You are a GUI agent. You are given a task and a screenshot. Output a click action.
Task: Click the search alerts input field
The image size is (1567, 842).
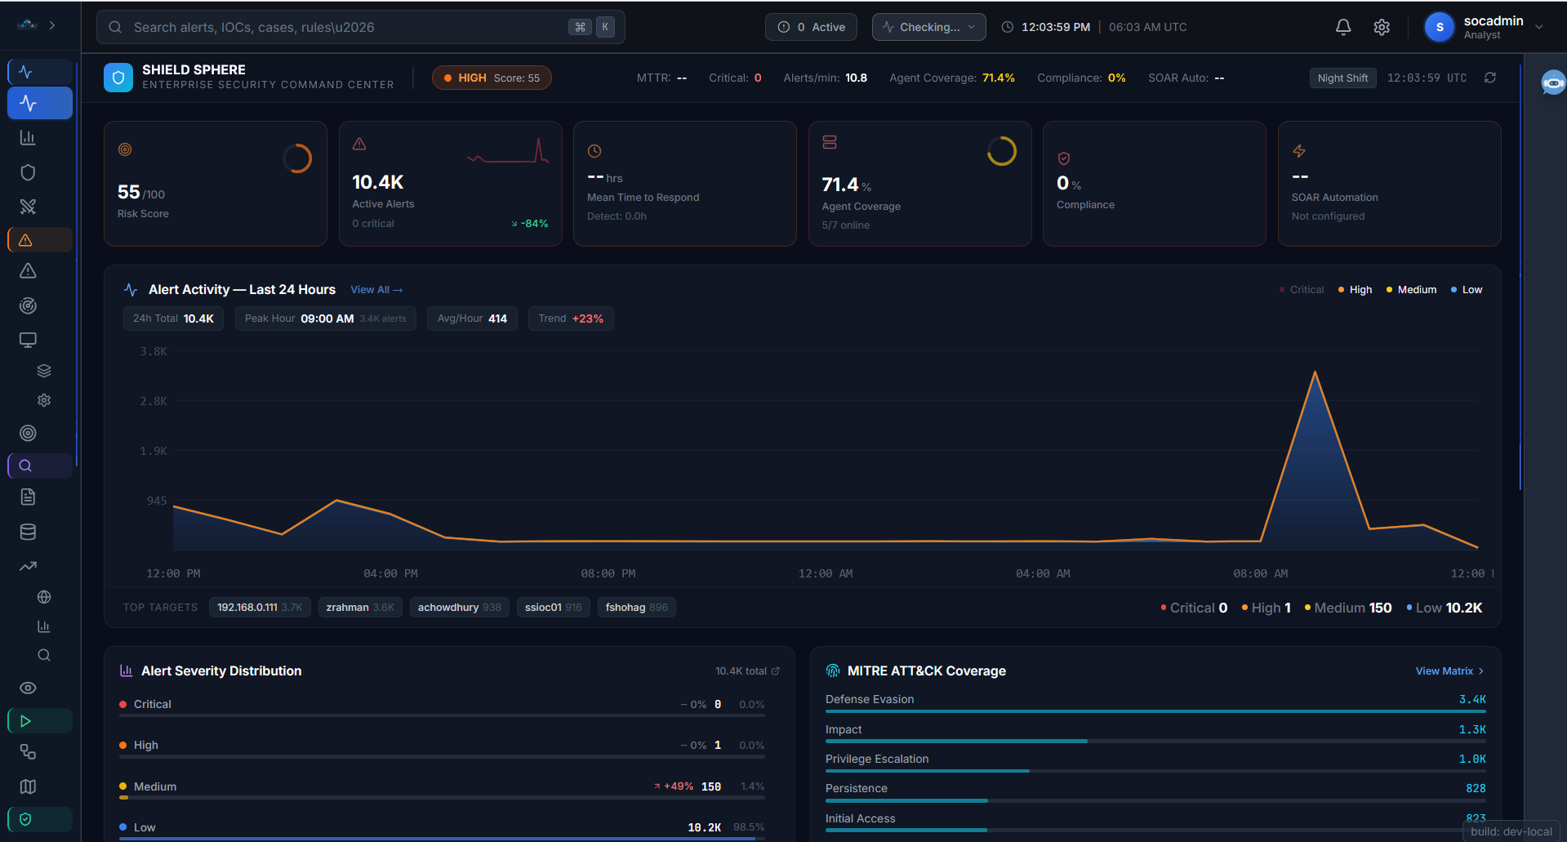(343, 27)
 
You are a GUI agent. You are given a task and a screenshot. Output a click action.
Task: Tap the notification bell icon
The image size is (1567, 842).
(1343, 27)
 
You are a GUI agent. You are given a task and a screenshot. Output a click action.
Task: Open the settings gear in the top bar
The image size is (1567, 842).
(1382, 27)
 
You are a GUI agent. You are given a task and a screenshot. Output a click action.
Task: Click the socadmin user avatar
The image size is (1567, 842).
(1440, 27)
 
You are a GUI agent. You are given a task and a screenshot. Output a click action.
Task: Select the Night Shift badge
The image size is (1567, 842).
(1342, 78)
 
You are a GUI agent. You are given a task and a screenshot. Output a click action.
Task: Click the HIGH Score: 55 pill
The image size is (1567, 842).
(492, 78)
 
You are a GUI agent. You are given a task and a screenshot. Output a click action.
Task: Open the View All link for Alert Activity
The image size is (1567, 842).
(376, 290)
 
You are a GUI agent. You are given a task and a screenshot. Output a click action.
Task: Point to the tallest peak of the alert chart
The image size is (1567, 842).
(1315, 373)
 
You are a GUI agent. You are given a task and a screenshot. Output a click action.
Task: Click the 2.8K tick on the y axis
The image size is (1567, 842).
(154, 401)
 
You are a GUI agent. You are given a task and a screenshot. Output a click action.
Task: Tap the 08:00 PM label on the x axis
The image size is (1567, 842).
(608, 574)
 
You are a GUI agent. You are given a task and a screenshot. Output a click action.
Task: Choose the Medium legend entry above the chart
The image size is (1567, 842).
(1412, 290)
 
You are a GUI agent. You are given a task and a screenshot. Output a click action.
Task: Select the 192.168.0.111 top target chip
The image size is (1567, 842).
(260, 608)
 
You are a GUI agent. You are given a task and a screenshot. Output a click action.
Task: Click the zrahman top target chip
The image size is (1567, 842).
(360, 608)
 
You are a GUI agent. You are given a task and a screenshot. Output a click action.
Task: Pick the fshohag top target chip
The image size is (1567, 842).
(636, 608)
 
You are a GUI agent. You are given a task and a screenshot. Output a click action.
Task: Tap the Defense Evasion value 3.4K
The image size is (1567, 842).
(1472, 700)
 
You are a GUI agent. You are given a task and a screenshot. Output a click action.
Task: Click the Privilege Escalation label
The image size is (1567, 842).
(877, 760)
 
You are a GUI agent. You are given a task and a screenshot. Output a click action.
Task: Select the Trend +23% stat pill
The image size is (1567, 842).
(571, 319)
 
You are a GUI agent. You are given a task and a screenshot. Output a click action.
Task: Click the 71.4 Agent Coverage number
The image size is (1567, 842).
(840, 185)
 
